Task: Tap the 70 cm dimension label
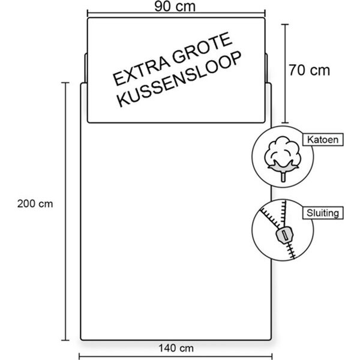coord(309,70)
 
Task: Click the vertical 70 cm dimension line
coord(286,72)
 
